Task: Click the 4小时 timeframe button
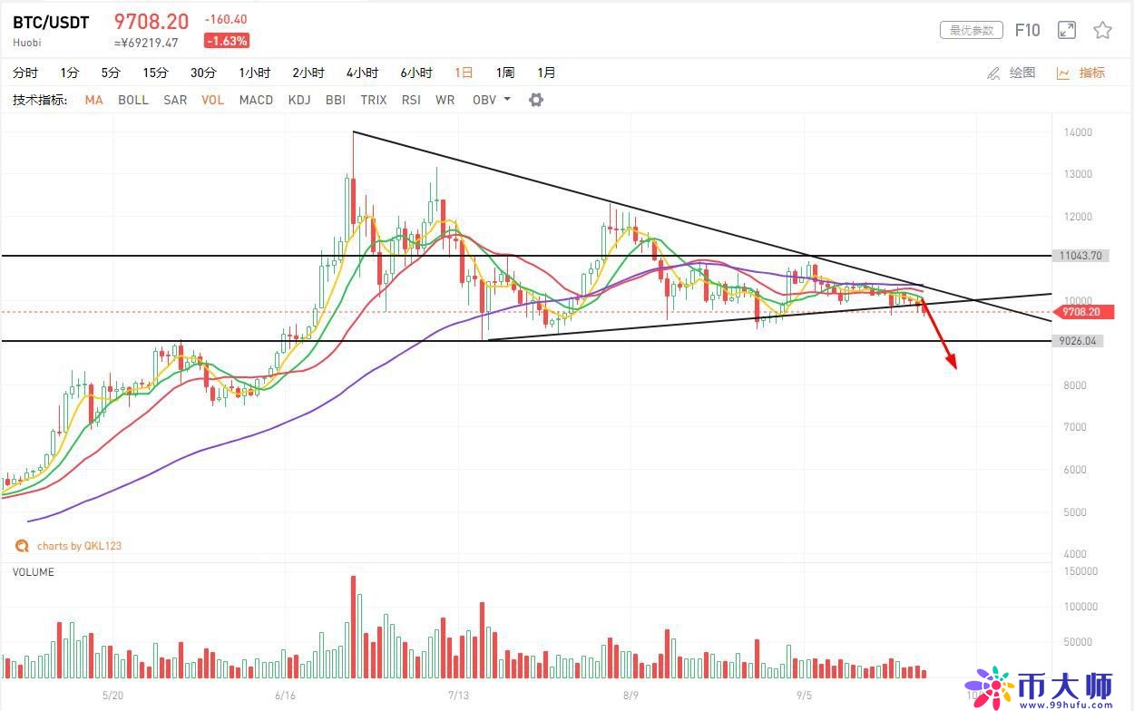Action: pyautogui.click(x=362, y=73)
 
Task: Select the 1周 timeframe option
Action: pyautogui.click(x=505, y=73)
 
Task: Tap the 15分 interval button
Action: pyautogui.click(x=155, y=73)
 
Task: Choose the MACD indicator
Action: pyautogui.click(x=256, y=100)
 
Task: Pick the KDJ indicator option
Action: pyautogui.click(x=299, y=100)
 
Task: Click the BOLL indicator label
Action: pyautogui.click(x=133, y=100)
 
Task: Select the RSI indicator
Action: pyautogui.click(x=411, y=100)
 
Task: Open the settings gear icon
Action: pyautogui.click(x=536, y=100)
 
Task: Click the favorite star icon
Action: pyautogui.click(x=1102, y=31)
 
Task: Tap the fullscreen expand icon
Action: pyautogui.click(x=1067, y=31)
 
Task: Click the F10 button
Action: pyautogui.click(x=1027, y=31)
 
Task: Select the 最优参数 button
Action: pyautogui.click(x=971, y=31)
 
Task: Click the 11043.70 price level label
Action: pyautogui.click(x=1079, y=256)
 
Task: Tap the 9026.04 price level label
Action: pyautogui.click(x=1079, y=341)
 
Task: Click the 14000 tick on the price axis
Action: pyautogui.click(x=1078, y=132)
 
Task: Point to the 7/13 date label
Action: pyautogui.click(x=458, y=696)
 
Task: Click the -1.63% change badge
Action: pyautogui.click(x=227, y=41)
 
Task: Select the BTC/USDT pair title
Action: pyautogui.click(x=51, y=23)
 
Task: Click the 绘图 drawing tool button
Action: pyautogui.click(x=1012, y=73)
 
